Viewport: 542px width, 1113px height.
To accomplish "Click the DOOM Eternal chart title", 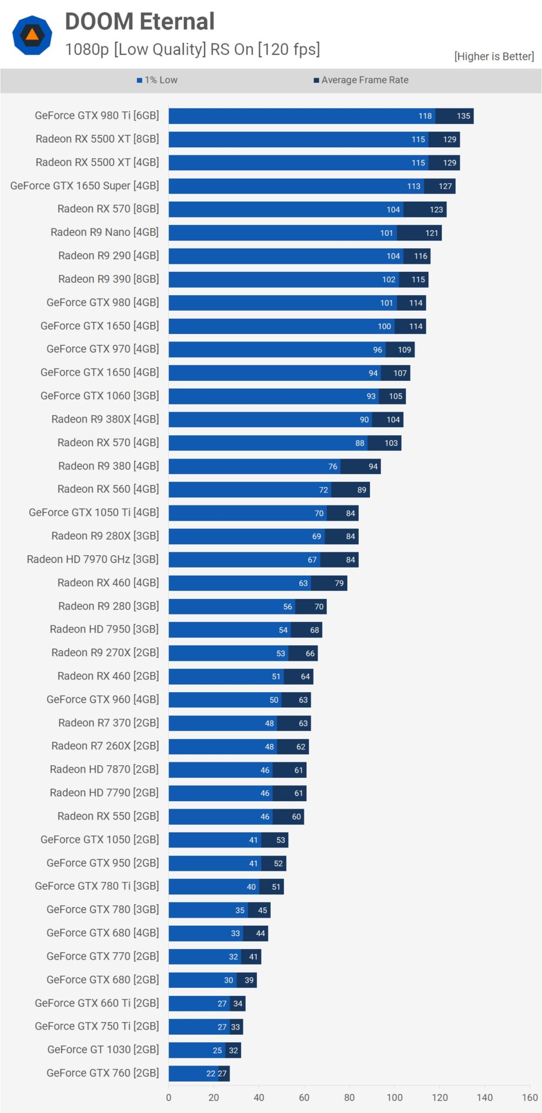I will [x=140, y=21].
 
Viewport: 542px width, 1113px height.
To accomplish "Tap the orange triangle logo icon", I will [x=32, y=35].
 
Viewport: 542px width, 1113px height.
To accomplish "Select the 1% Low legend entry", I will [x=157, y=80].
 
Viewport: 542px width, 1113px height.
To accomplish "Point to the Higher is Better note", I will [x=494, y=56].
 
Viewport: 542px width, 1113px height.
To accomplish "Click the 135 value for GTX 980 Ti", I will [x=463, y=116].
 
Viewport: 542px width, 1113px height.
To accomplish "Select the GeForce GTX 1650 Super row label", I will [x=85, y=185].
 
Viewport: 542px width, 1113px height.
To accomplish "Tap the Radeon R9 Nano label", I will [x=104, y=232].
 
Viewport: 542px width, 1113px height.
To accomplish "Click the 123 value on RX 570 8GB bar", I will [x=436, y=209].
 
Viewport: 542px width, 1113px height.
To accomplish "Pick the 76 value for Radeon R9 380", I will [x=333, y=466].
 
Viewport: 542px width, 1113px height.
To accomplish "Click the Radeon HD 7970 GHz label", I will [x=93, y=559].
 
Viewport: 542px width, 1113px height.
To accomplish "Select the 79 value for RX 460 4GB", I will [x=339, y=583].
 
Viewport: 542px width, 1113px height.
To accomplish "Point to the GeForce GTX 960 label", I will [x=103, y=699].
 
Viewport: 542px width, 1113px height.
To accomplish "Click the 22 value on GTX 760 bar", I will [x=210, y=1074].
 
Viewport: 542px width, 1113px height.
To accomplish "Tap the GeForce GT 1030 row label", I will [x=103, y=1049].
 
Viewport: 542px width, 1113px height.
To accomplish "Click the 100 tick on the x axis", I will [x=394, y=1097].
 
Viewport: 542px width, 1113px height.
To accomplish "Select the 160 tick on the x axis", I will [x=530, y=1097].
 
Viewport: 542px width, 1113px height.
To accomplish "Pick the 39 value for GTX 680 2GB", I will [x=249, y=980].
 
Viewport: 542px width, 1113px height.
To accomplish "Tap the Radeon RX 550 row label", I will [x=108, y=816].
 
